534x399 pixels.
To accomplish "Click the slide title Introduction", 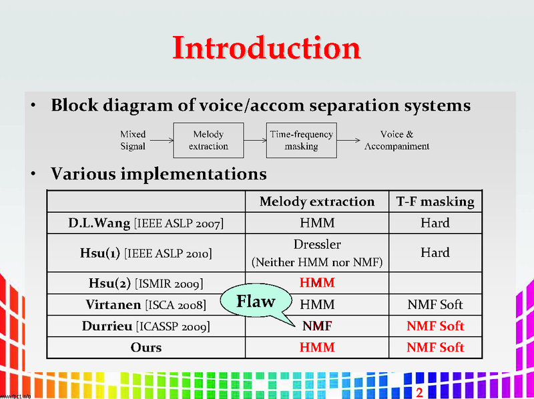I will coord(266,48).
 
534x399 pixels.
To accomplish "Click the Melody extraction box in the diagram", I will coord(208,140).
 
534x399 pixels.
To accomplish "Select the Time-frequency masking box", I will coord(301,140).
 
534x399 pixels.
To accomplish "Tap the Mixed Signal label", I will coord(133,140).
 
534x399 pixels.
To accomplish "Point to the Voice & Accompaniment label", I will coord(396,140).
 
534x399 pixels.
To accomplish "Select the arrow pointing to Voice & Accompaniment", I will coord(348,141).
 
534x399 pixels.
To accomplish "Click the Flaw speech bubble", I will coord(256,302).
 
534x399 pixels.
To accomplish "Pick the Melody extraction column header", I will coord(317,202).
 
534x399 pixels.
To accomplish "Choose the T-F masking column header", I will coord(435,202).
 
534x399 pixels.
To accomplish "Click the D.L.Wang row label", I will coord(146,223).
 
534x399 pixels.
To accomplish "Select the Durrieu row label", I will coord(146,326).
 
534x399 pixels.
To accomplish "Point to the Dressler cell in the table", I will coord(317,245).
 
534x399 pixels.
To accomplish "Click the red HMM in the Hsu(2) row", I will coord(317,283).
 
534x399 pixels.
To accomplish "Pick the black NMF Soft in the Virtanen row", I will coord(435,305).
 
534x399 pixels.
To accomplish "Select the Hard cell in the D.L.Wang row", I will coord(435,223).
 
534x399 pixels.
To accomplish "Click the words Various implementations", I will coord(159,175).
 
